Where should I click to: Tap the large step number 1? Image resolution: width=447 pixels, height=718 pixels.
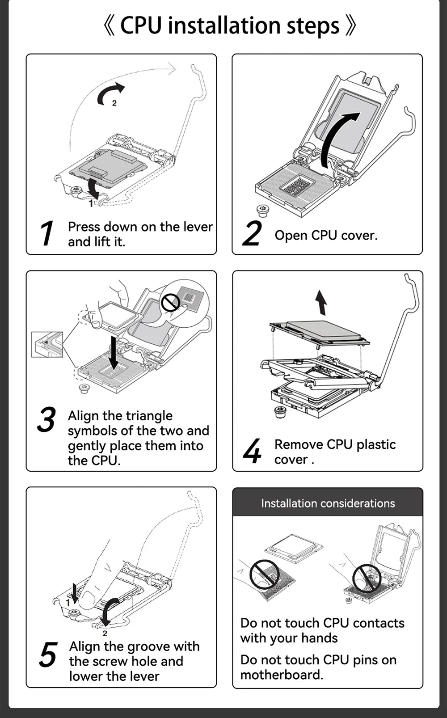pos(46,233)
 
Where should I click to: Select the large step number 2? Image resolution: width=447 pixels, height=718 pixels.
pos(252,233)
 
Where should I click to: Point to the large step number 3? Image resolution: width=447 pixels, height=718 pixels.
pos(46,420)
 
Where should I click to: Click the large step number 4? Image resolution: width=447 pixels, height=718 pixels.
pos(252,451)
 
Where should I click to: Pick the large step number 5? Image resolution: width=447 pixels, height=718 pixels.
pos(48,655)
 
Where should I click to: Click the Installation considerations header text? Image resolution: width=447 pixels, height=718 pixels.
pos(328,503)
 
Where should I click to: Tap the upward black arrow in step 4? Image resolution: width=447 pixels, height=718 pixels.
pos(321,302)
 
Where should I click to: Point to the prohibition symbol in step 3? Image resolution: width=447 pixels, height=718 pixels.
pos(170,303)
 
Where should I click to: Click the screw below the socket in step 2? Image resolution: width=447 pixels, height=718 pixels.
pos(262,211)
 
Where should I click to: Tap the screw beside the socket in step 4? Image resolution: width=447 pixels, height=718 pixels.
pos(280,412)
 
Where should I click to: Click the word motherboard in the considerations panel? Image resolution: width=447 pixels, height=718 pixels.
pos(281,675)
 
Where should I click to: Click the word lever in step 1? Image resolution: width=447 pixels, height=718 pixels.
pos(199,227)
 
